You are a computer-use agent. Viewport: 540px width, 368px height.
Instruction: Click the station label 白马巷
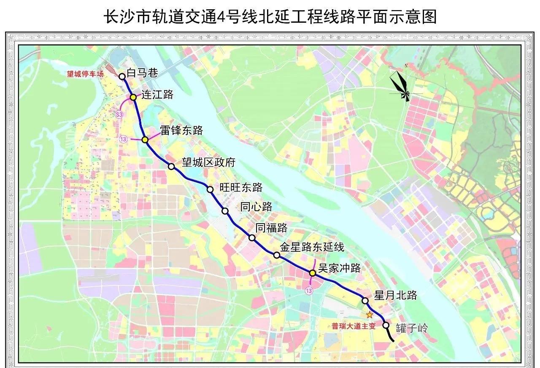142,73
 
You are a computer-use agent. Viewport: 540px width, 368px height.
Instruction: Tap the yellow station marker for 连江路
133,97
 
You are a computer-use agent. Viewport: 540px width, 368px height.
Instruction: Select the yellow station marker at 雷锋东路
145,139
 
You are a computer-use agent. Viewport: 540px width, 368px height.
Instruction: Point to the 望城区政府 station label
208,163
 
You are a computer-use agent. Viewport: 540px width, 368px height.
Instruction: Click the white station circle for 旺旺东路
210,189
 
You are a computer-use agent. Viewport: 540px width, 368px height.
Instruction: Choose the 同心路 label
256,207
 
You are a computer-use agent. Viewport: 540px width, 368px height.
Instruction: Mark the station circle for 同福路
252,238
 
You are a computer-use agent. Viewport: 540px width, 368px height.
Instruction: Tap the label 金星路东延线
312,247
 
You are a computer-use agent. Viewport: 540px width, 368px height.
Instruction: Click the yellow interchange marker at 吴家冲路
313,273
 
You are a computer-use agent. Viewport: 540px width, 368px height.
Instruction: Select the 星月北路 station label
396,295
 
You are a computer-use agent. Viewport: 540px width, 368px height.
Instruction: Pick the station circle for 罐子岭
386,325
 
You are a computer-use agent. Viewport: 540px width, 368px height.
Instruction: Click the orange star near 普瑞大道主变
370,315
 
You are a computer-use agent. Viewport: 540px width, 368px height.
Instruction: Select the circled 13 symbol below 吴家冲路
310,291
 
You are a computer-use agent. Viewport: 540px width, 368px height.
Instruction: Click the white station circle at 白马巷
122,76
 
